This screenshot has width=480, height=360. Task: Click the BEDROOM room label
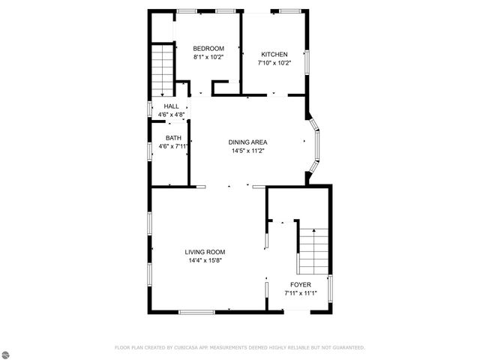point(208,49)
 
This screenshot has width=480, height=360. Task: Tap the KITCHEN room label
point(274,54)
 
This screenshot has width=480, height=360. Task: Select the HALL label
point(172,106)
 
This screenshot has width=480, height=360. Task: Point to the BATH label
point(173,138)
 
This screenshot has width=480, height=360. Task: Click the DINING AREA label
point(248,142)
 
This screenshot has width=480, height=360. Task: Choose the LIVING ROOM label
point(205,252)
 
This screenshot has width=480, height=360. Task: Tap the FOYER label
point(301,285)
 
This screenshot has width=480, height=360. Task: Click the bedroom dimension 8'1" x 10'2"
point(208,57)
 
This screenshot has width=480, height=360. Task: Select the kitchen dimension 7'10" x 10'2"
point(274,63)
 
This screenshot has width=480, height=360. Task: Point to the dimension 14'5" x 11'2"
point(248,151)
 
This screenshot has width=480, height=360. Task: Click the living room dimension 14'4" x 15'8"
point(205,260)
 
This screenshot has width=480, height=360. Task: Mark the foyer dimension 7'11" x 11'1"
point(301,293)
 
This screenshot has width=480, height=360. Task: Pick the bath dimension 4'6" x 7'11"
point(173,146)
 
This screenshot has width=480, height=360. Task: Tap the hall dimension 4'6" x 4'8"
point(172,115)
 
